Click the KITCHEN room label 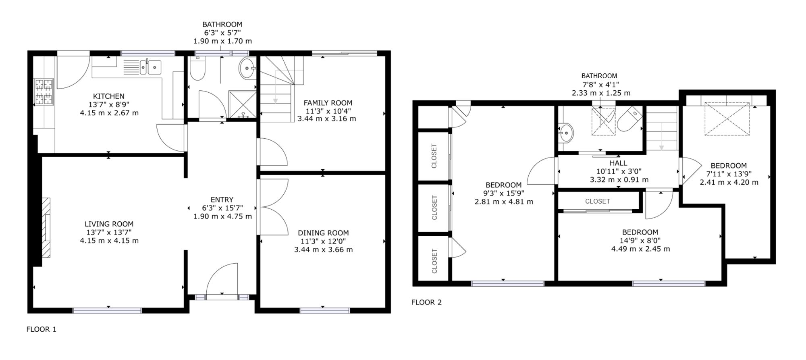109,96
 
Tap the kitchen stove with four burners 44,92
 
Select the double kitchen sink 150,67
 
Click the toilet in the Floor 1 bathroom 197,69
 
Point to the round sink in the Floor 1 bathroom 247,69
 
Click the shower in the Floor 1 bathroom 243,105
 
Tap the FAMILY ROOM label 328,103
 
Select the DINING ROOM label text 323,233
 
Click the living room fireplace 47,227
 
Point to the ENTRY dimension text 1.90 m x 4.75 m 222,216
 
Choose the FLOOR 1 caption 42,329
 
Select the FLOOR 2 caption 426,302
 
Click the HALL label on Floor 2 618,163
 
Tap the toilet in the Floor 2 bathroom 629,119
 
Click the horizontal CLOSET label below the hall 598,201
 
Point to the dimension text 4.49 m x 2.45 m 640,249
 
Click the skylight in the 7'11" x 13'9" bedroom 727,119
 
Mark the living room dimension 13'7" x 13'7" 109,232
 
